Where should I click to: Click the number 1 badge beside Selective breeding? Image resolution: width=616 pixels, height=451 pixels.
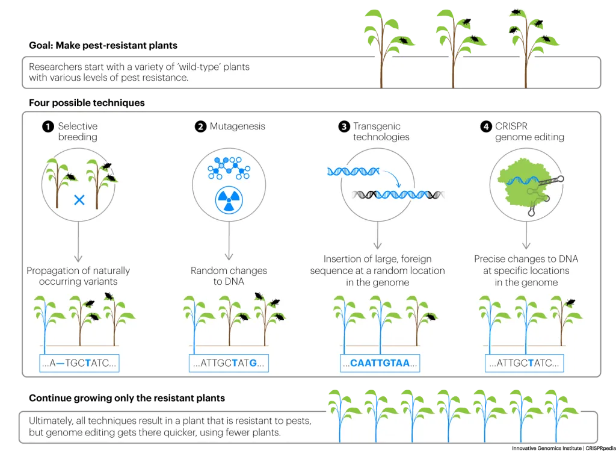pos(48,126)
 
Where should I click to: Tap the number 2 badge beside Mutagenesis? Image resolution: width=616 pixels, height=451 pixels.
pos(200,126)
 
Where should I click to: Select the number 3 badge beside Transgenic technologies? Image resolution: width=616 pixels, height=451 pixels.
pos(344,126)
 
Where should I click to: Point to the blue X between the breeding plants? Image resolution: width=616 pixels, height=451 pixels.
pos(79,200)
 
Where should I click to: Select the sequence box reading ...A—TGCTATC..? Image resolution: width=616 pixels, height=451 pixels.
pos(79,363)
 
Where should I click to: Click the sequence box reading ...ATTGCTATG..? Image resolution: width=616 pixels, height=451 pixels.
pos(228,363)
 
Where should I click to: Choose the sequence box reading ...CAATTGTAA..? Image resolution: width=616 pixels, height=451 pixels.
pos(378,363)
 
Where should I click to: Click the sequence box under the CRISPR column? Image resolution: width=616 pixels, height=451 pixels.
pos(525,363)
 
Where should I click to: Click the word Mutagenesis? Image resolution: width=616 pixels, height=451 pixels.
pos(238,126)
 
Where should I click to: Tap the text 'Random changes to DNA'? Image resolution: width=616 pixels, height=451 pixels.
pos(229,276)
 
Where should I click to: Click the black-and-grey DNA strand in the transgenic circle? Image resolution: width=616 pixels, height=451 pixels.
pos(397,194)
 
